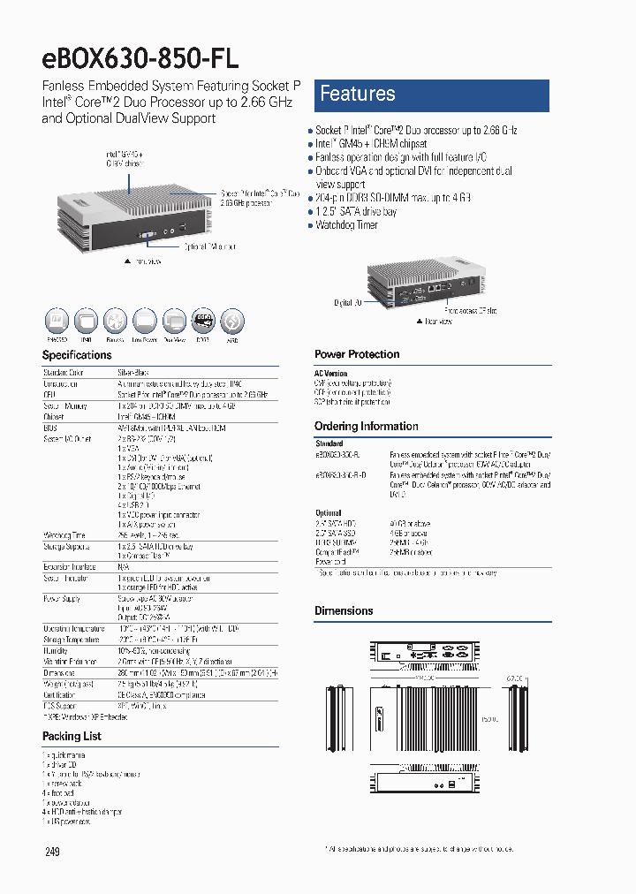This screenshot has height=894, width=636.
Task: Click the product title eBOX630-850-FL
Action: tap(140, 57)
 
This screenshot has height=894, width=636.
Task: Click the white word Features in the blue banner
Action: tap(357, 94)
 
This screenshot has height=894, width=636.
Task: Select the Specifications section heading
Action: tap(77, 355)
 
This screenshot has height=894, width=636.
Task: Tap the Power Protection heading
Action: tap(357, 354)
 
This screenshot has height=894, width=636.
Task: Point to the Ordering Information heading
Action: tap(366, 426)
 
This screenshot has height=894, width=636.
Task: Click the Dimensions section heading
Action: tap(344, 610)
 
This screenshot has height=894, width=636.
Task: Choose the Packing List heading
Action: tap(72, 736)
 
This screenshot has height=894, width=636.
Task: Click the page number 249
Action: tap(52, 852)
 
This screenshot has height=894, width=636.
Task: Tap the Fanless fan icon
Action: tap(115, 320)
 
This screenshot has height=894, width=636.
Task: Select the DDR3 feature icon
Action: tap(202, 320)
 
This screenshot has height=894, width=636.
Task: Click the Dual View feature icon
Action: tap(173, 320)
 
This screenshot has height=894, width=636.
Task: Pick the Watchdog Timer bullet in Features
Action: tap(346, 225)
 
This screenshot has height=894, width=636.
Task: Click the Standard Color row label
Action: tap(64, 373)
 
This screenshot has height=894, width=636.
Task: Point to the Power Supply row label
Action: tap(62, 599)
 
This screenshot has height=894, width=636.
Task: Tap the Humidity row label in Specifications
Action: tap(57, 650)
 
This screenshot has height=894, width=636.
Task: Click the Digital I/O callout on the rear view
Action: tap(348, 303)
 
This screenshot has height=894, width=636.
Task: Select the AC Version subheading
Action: tap(330, 374)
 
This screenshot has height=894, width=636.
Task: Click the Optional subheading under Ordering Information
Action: tap(328, 512)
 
